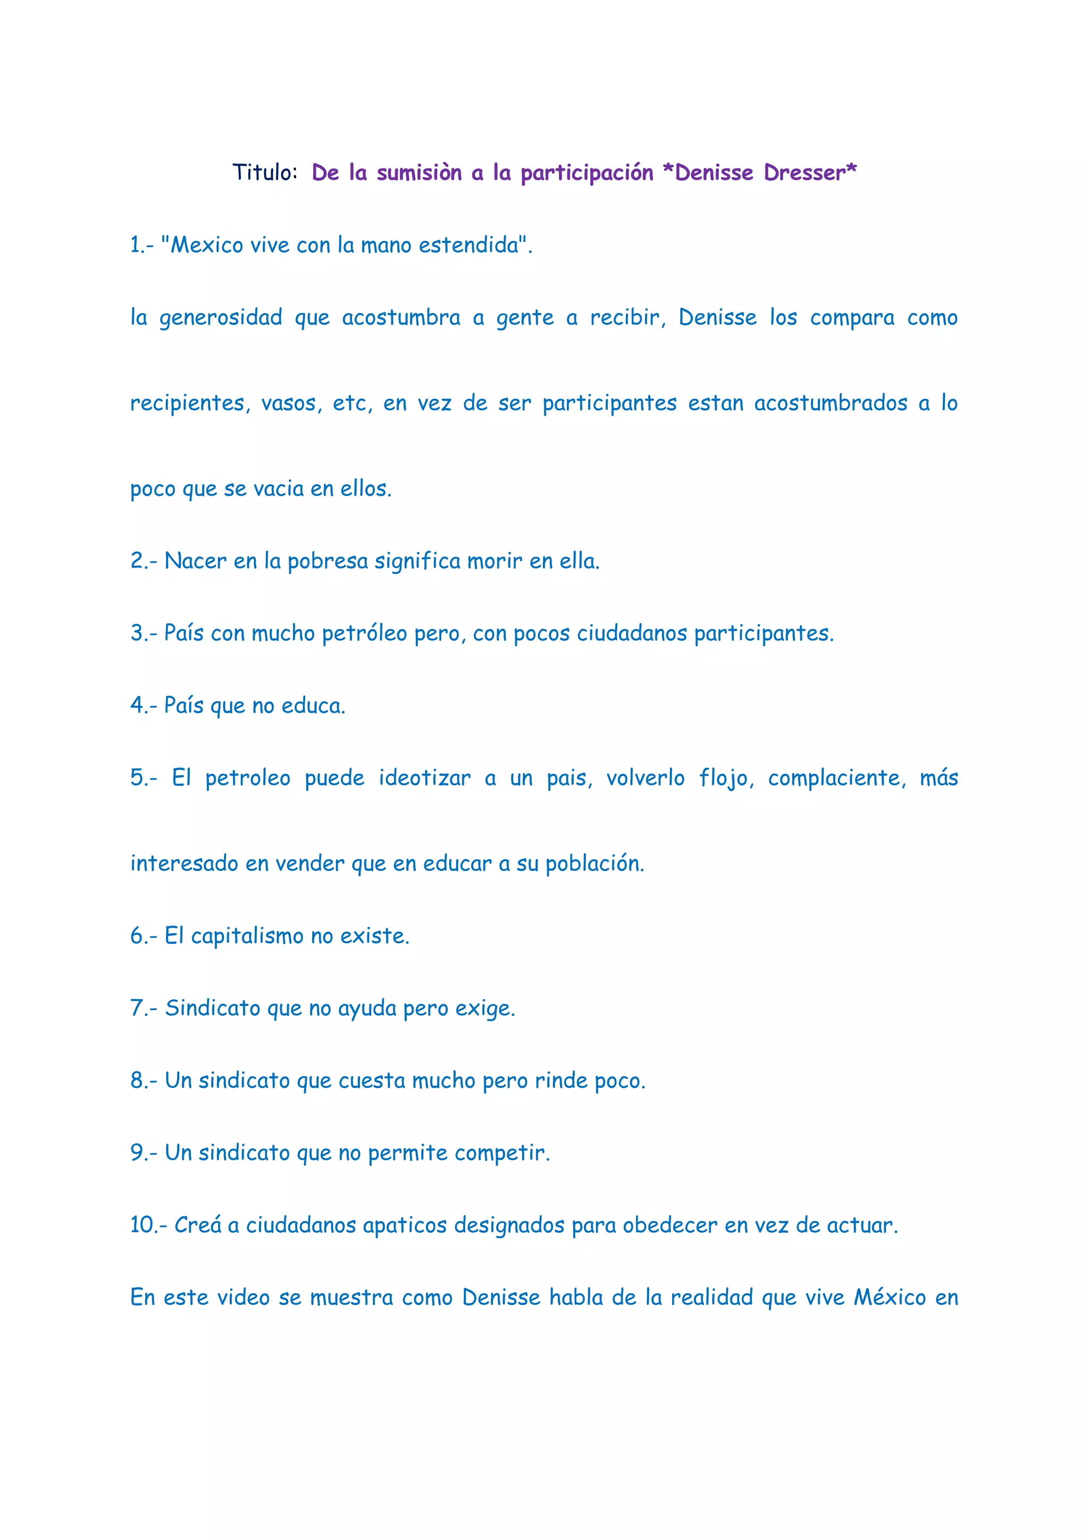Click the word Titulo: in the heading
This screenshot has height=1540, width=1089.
pyautogui.click(x=264, y=172)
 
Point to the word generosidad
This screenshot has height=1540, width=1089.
pyautogui.click(x=220, y=317)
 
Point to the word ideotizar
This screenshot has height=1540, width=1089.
pyautogui.click(x=424, y=778)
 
